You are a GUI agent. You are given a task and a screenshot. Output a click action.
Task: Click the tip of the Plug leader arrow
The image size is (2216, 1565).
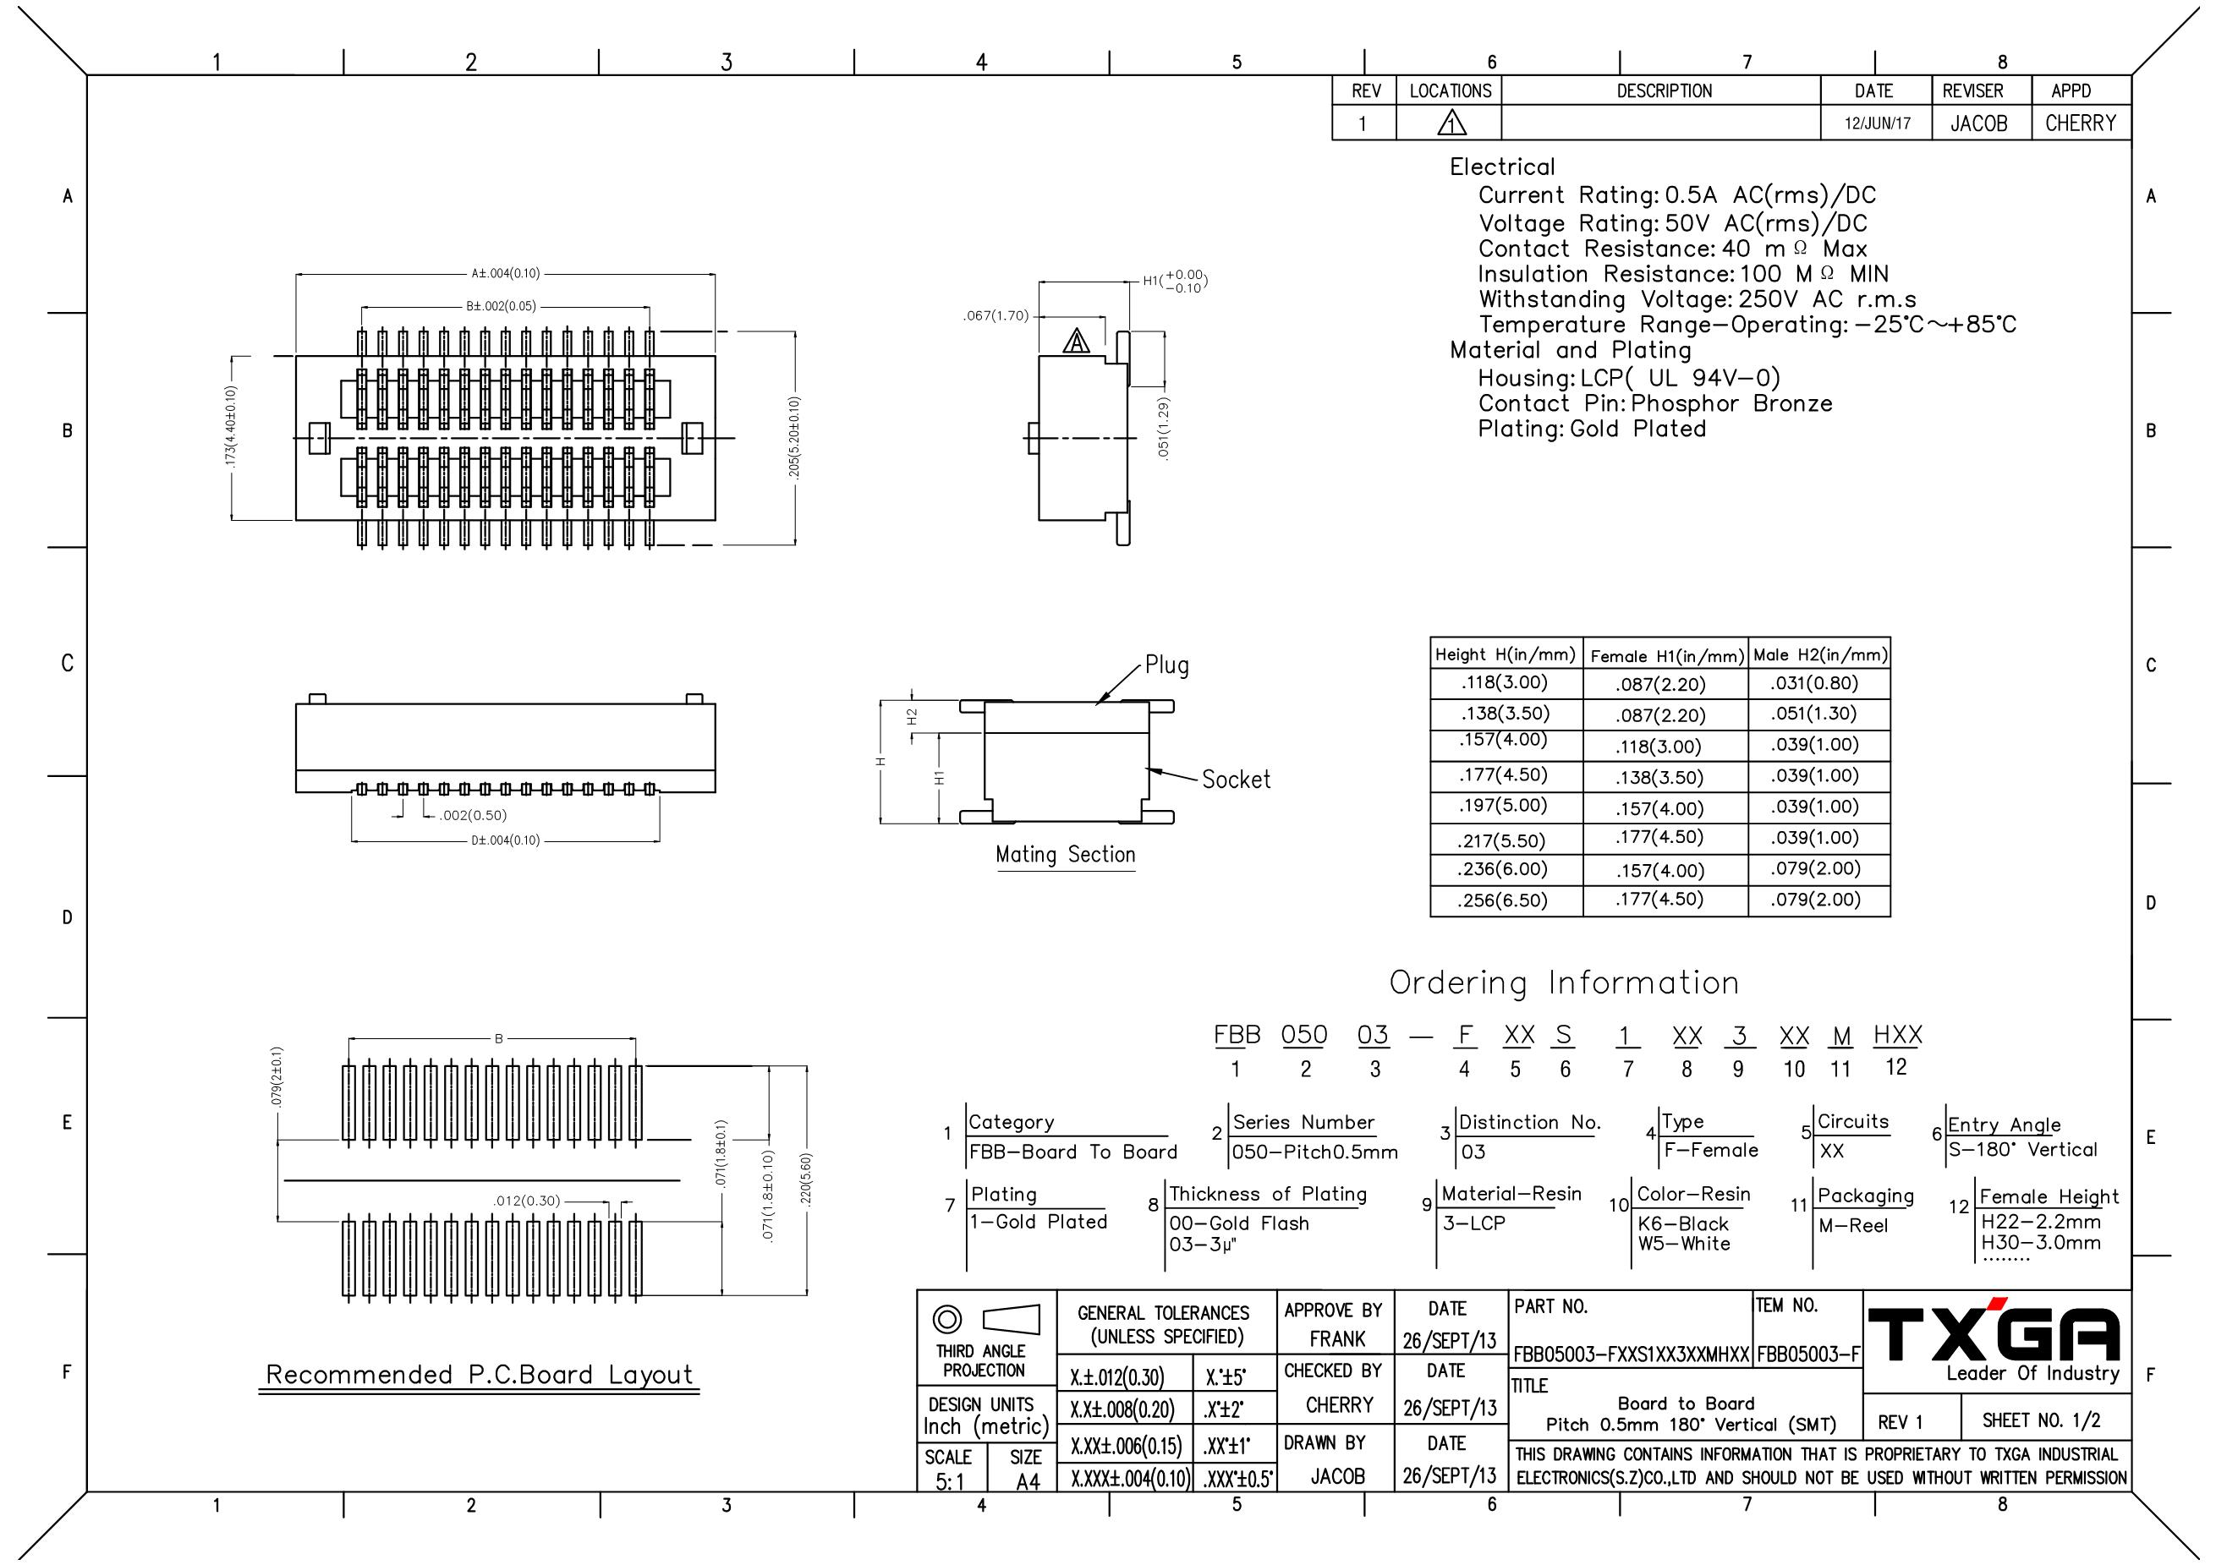pyautogui.click(x=1096, y=704)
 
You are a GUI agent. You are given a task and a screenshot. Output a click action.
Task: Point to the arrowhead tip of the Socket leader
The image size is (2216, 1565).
pyautogui.click(x=1148, y=769)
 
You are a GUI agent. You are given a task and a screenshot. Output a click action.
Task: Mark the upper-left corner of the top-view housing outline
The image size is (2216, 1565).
pyautogui.click(x=296, y=356)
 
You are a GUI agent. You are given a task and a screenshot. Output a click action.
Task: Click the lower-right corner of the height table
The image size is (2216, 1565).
pyautogui.click(x=1890, y=916)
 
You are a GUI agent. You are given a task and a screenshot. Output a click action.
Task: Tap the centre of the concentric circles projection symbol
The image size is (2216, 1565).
pyautogui.click(x=946, y=1319)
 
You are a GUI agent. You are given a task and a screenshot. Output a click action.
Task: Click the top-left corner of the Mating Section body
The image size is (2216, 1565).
pyautogui.click(x=985, y=702)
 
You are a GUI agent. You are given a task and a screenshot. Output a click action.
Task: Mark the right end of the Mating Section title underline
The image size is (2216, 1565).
pyautogui.click(x=1135, y=870)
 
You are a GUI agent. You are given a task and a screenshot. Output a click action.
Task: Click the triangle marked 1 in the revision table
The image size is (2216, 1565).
pyautogui.click(x=1451, y=123)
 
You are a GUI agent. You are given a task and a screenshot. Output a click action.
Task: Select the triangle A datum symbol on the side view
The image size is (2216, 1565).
pyautogui.click(x=1076, y=341)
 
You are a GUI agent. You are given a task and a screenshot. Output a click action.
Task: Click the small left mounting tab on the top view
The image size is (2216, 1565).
pyautogui.click(x=320, y=438)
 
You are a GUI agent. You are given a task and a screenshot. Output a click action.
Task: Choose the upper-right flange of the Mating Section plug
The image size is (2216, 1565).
pyautogui.click(x=1160, y=707)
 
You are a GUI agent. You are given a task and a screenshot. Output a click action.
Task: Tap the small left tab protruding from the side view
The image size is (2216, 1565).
pyautogui.click(x=1032, y=438)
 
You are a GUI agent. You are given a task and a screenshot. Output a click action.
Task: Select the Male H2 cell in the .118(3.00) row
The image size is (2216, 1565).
pyautogui.click(x=1819, y=684)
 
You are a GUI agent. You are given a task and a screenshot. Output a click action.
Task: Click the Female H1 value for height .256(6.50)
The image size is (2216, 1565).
pyautogui.click(x=1660, y=900)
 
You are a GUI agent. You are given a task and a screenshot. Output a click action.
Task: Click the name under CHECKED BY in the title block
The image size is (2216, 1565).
pyautogui.click(x=1340, y=1405)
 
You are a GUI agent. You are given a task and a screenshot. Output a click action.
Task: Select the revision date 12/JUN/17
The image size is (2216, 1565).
pyautogui.click(x=1877, y=123)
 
